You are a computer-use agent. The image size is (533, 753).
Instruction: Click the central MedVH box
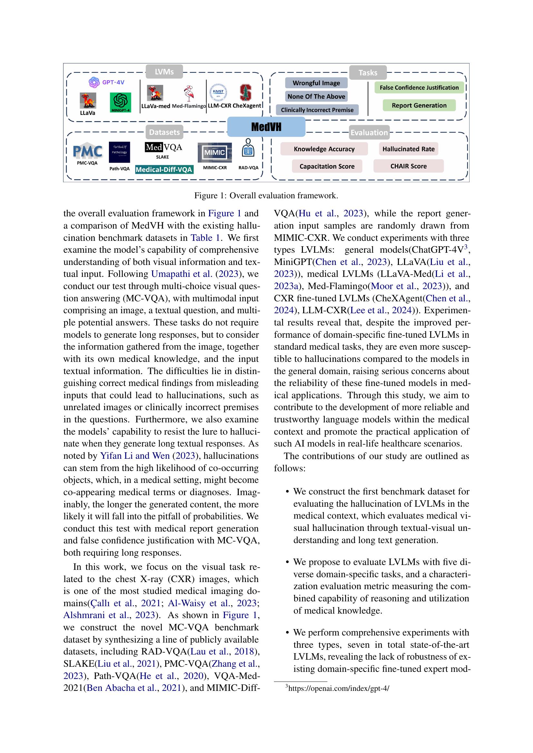click(x=266, y=127)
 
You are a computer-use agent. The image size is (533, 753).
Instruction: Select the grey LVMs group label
click(x=164, y=71)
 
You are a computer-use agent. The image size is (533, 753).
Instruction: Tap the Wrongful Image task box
click(x=316, y=83)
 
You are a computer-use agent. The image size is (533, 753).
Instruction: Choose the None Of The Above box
click(x=316, y=97)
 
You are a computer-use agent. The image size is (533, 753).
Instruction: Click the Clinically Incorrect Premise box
click(x=317, y=110)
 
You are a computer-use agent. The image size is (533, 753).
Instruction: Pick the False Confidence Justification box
click(x=419, y=88)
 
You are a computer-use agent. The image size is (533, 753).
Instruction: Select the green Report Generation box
click(x=419, y=105)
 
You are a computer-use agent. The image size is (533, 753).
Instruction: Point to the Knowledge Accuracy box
click(x=324, y=149)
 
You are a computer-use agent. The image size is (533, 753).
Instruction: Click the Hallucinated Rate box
click(x=408, y=149)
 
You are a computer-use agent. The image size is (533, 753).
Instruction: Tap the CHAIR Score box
click(x=408, y=166)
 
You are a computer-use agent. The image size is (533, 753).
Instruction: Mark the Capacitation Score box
click(x=327, y=166)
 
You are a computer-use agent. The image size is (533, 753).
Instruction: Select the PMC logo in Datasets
click(x=87, y=152)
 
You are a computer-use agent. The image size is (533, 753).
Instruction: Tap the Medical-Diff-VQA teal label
click(x=164, y=170)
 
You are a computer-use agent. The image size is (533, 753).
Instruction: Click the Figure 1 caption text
click(x=266, y=196)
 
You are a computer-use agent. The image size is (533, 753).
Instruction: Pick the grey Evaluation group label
click(x=369, y=133)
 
